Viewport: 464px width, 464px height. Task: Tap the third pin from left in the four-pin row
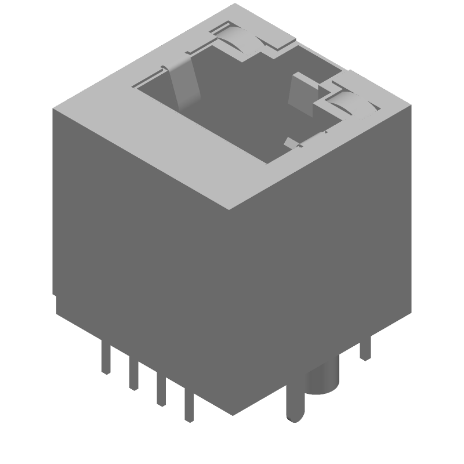(161, 391)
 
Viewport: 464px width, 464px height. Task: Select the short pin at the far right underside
(365, 347)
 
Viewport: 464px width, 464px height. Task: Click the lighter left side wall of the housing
(139, 249)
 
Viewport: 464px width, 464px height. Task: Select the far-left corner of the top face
(52, 108)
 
